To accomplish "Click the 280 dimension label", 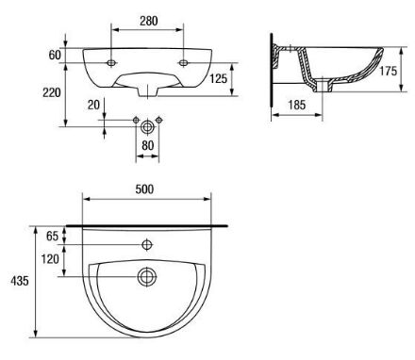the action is click(149, 21).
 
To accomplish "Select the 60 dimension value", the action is click(55, 55).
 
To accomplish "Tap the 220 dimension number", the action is click(52, 92).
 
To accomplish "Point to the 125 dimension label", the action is click(218, 78).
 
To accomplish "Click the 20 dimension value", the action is click(93, 105).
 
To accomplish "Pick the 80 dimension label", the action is click(148, 145).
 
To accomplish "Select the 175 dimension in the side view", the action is click(388, 71).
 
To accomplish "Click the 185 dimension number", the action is click(297, 105).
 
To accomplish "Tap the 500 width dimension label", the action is click(144, 189).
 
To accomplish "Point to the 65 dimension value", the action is click(52, 236).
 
